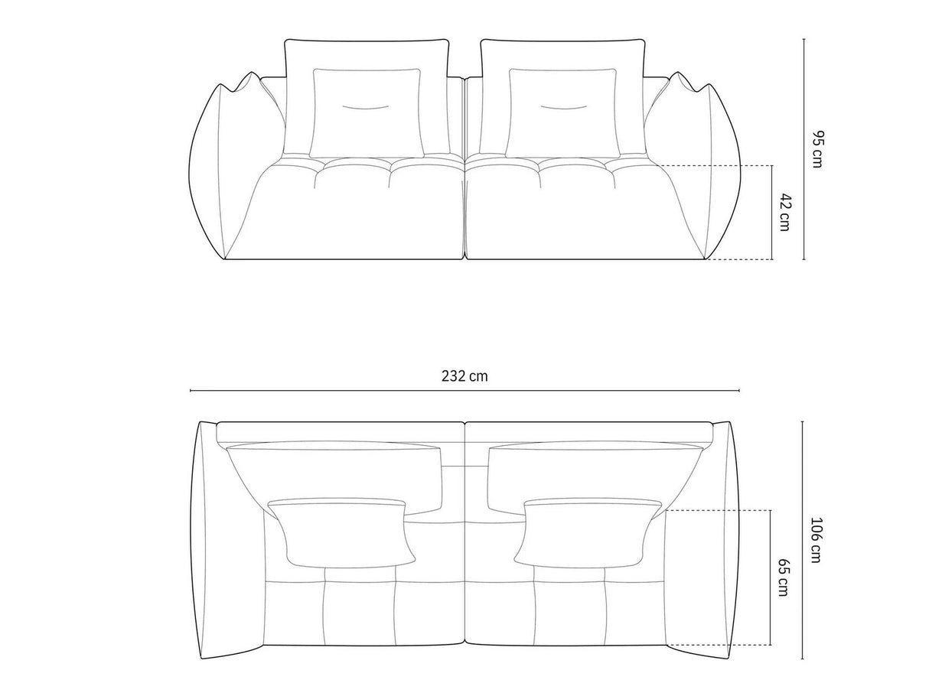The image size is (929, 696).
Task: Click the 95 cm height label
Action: [817, 149]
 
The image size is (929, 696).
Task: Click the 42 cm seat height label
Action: [784, 212]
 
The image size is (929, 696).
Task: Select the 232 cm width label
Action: [464, 376]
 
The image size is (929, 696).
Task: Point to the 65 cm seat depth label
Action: [784, 577]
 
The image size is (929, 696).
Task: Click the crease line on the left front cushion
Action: [365, 106]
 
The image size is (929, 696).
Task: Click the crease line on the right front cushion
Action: [562, 106]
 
